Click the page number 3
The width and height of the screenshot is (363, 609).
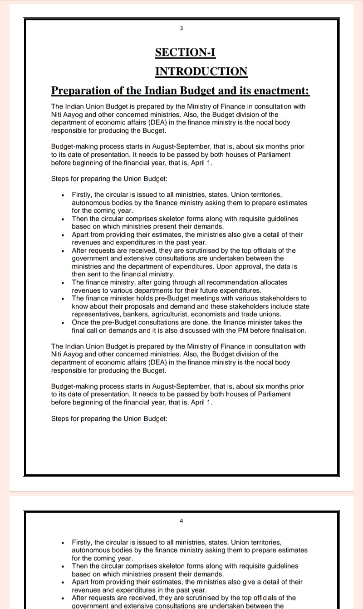(181, 28)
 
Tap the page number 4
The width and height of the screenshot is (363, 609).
(181, 521)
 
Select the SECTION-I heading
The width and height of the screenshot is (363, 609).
(185, 53)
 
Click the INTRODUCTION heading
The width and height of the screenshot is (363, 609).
(201, 72)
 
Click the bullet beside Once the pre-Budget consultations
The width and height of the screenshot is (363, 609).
(63, 323)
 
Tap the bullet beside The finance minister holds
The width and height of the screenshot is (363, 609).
(63, 299)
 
